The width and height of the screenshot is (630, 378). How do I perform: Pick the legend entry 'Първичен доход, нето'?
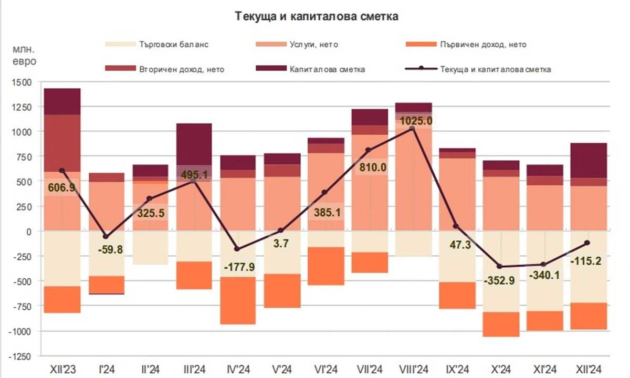point(483,45)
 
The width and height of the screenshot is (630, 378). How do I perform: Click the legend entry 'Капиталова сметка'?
point(321,69)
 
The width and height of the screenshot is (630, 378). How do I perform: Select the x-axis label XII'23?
point(62,369)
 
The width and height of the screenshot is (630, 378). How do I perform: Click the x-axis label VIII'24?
point(413,369)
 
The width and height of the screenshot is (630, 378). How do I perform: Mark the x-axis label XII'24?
point(589,369)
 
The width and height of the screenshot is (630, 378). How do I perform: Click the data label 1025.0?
point(416,121)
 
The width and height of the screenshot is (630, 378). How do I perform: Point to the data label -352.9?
point(500,279)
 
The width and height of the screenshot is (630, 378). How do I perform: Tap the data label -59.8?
point(111,250)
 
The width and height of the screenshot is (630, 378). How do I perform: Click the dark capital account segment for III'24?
point(194,144)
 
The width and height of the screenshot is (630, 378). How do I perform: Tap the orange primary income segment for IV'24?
point(237,300)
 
